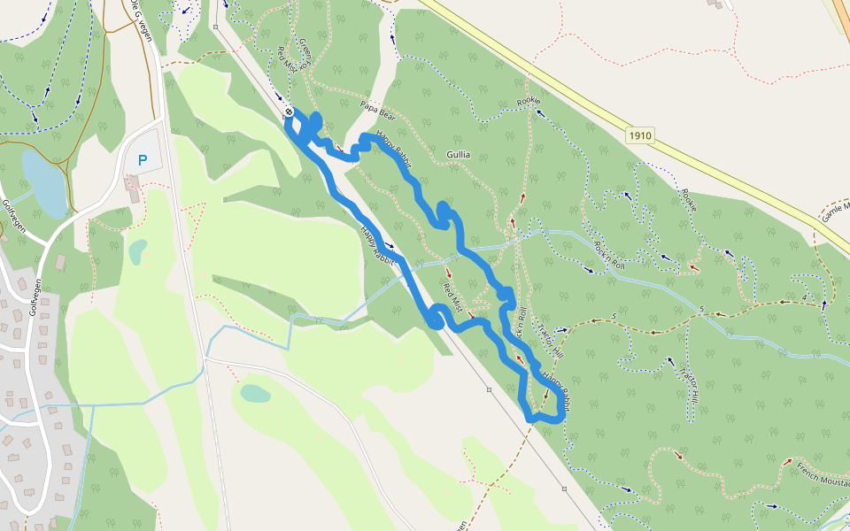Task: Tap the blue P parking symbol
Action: click(x=143, y=161)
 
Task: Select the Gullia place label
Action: click(x=459, y=155)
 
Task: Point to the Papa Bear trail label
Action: click(x=377, y=110)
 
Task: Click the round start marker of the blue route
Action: click(x=289, y=112)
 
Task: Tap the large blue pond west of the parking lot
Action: click(x=44, y=182)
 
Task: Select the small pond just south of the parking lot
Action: click(x=137, y=252)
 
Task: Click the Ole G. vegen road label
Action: click(x=141, y=19)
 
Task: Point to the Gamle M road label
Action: click(x=834, y=211)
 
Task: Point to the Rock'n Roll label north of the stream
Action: click(x=610, y=256)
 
